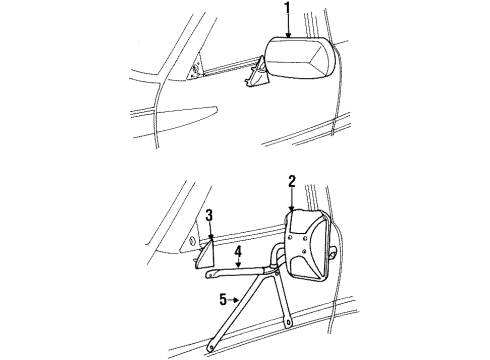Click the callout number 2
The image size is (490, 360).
(x=291, y=181)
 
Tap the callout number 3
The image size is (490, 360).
(x=209, y=214)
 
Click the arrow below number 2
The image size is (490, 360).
(x=291, y=200)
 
